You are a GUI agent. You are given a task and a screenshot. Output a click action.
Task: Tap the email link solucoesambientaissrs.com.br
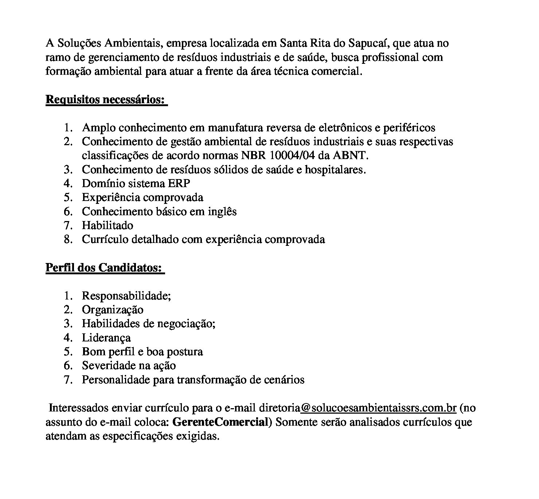pos(378,408)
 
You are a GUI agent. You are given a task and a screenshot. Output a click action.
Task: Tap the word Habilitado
pos(108,225)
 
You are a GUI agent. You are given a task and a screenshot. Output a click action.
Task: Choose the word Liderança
pos(106,338)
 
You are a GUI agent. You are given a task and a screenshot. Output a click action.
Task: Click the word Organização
pos(113,310)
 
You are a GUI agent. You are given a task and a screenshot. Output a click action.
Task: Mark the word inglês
pos(222,212)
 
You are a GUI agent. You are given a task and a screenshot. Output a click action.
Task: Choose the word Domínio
pos(102,183)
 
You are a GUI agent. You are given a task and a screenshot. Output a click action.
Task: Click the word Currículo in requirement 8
pos(105,240)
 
